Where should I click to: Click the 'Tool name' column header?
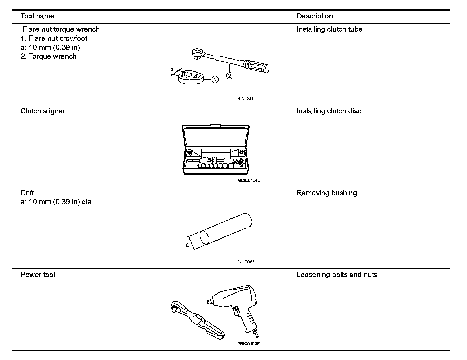click(37, 16)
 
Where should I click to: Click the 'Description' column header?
click(315, 16)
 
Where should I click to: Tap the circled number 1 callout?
click(215, 80)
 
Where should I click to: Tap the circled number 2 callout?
click(229, 75)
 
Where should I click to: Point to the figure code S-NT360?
click(246, 99)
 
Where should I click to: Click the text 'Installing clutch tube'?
click(329, 29)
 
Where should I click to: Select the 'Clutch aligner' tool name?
click(43, 111)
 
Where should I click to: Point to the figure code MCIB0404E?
click(248, 180)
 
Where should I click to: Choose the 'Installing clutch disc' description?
click(329, 111)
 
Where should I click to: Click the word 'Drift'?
click(27, 193)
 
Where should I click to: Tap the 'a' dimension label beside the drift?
click(187, 245)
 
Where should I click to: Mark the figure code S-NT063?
click(246, 262)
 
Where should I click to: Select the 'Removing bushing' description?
click(327, 193)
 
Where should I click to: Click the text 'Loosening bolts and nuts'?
click(337, 275)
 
